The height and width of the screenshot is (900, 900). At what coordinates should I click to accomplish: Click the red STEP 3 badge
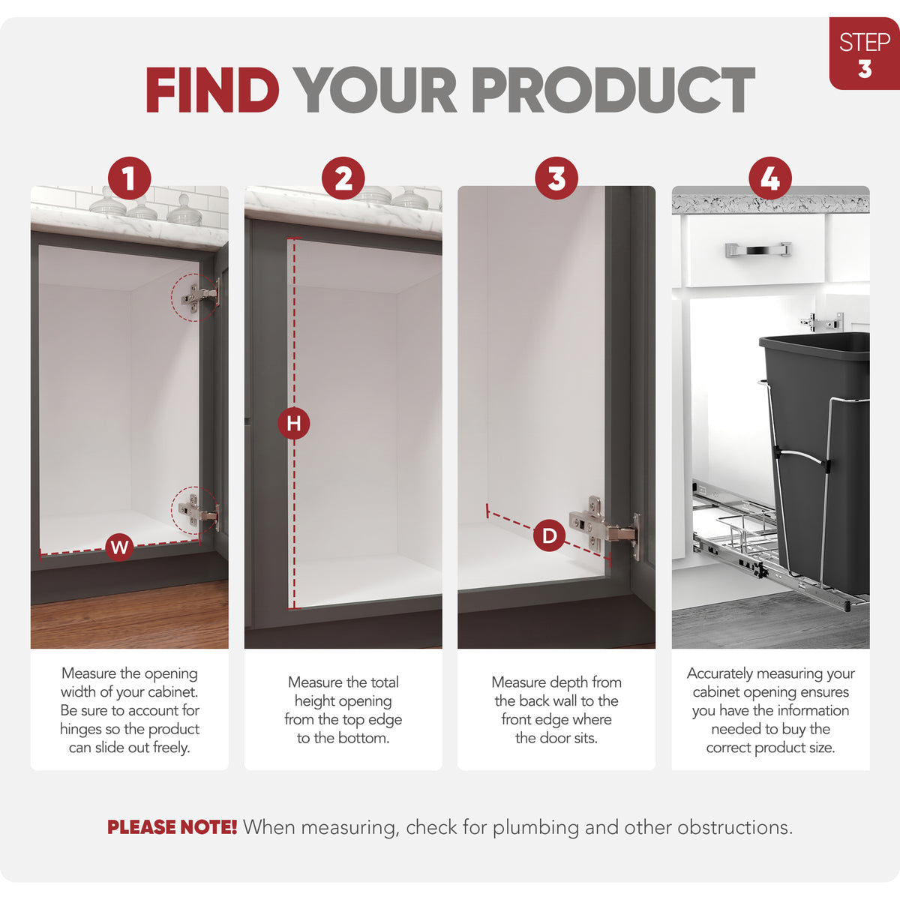pyautogui.click(x=864, y=53)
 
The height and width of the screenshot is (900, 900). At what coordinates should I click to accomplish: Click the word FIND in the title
pyautogui.click(x=212, y=90)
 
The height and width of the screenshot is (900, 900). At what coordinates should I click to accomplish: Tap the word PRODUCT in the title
pyautogui.click(x=613, y=90)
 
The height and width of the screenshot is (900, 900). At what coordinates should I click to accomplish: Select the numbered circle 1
pyautogui.click(x=129, y=178)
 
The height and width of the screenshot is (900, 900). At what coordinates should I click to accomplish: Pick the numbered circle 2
pyautogui.click(x=343, y=178)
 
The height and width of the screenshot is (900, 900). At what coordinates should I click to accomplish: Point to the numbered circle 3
pyautogui.click(x=556, y=178)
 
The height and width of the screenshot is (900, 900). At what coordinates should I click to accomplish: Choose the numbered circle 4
pyautogui.click(x=770, y=178)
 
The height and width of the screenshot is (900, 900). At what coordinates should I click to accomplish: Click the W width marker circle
pyautogui.click(x=119, y=547)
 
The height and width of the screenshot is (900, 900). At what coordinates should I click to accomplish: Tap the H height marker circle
pyautogui.click(x=294, y=424)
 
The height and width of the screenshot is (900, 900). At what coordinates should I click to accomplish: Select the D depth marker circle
pyautogui.click(x=549, y=535)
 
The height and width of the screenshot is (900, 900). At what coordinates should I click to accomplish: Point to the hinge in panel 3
pyautogui.click(x=604, y=528)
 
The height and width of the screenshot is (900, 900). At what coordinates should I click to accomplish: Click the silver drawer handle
pyautogui.click(x=758, y=250)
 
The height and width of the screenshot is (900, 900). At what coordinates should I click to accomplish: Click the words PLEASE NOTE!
pyautogui.click(x=172, y=827)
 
